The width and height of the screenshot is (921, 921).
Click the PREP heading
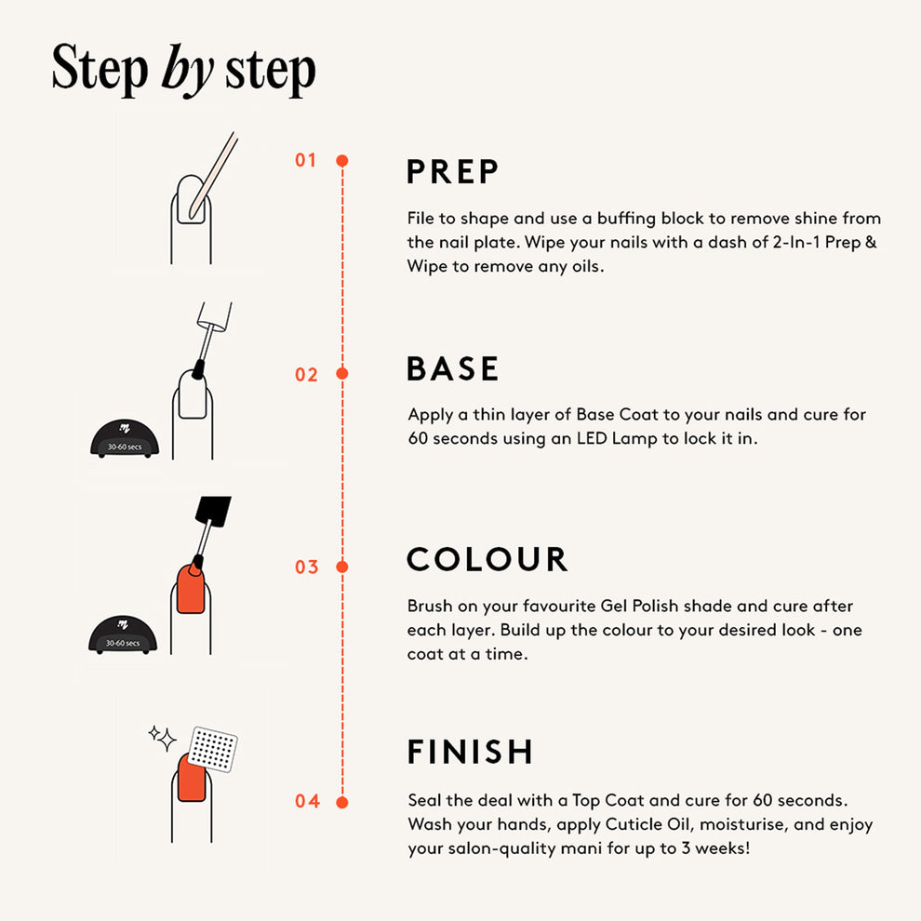click(x=452, y=171)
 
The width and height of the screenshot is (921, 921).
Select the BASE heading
click(x=452, y=368)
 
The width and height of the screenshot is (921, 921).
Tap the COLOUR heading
click(x=487, y=559)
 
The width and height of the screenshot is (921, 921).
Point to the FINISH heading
click(x=470, y=752)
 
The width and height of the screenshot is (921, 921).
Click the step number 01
click(x=305, y=160)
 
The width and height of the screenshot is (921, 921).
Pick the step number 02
click(x=306, y=374)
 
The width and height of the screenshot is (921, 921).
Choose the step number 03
click(x=307, y=567)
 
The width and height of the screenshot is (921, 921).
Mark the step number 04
click(x=307, y=801)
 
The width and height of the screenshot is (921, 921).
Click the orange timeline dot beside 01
click(x=341, y=160)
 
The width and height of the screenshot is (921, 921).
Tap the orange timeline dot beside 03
click(x=341, y=567)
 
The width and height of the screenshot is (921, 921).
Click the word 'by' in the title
click(x=187, y=71)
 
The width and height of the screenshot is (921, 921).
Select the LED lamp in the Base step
click(x=125, y=438)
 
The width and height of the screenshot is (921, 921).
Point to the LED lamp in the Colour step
click(x=123, y=634)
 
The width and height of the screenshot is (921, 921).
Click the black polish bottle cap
click(x=213, y=511)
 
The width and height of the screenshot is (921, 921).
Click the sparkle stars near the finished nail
click(x=162, y=738)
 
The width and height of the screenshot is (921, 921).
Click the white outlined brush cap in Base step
click(x=214, y=315)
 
